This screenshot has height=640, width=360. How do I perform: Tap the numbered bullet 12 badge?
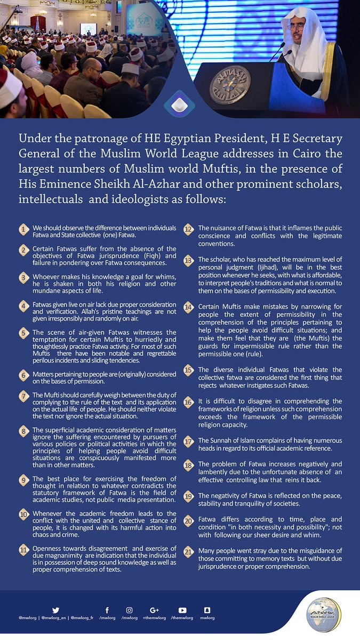tap(188, 229)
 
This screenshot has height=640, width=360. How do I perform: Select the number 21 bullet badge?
tap(188, 551)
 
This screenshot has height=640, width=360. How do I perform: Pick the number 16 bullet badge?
tap(188, 402)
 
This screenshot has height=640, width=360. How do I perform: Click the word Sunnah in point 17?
tap(217, 441)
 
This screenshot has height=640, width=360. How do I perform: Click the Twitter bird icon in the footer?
tap(55, 610)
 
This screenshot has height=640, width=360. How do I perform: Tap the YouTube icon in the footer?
tap(182, 610)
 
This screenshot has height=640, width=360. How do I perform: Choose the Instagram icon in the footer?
tap(129, 610)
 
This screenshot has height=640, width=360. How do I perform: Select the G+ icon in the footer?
tap(155, 610)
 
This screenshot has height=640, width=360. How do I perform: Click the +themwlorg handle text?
tap(155, 618)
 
